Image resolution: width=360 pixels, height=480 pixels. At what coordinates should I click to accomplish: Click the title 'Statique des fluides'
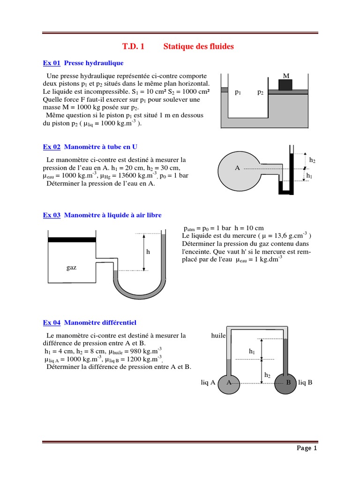pyautogui.click(x=198, y=46)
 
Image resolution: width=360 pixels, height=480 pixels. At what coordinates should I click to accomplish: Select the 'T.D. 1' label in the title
pyautogui.click(x=134, y=46)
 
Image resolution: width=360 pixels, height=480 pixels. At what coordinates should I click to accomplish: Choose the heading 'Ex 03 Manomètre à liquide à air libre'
pyautogui.click(x=102, y=215)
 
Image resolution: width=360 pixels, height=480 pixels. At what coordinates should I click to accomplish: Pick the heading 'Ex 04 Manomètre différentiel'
pyautogui.click(x=90, y=322)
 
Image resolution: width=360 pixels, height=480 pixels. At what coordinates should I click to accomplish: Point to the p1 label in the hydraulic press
pyautogui.click(x=238, y=92)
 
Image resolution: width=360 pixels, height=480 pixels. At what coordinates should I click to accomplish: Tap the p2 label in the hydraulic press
pyautogui.click(x=260, y=92)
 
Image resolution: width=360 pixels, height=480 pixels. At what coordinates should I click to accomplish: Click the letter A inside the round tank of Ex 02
pyautogui.click(x=237, y=168)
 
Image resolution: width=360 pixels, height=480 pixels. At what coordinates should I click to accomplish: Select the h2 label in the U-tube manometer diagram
pyautogui.click(x=312, y=160)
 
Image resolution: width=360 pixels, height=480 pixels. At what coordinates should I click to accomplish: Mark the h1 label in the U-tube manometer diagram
pyautogui.click(x=309, y=176)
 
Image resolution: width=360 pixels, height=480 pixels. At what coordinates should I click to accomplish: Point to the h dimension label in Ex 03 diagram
pyautogui.click(x=148, y=252)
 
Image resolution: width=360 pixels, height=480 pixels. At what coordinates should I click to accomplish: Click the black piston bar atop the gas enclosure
pyautogui.click(x=72, y=240)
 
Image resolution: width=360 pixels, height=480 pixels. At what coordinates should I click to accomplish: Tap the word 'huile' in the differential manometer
pyautogui.click(x=218, y=336)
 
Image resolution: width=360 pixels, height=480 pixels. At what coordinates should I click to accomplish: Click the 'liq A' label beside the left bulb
pyautogui.click(x=208, y=382)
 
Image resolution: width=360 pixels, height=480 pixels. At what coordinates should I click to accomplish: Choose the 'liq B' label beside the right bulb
pyautogui.click(x=305, y=382)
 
